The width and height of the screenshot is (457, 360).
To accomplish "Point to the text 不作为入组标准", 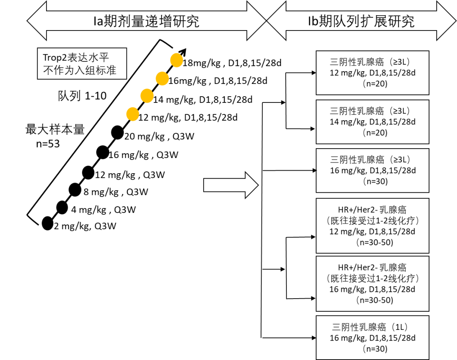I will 80,70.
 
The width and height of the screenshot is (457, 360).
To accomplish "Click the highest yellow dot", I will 177,61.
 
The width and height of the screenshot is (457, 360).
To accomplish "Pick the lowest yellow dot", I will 132,114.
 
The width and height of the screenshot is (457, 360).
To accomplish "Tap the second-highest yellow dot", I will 162,78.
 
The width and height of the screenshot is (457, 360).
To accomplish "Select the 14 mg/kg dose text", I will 347,122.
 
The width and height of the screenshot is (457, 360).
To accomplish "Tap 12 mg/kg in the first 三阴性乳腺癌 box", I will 347,73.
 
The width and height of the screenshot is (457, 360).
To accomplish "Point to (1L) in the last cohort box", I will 400,327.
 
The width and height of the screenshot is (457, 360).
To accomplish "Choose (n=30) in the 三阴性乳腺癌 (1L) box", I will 375,349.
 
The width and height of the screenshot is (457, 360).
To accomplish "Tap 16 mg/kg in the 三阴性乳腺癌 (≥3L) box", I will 347,171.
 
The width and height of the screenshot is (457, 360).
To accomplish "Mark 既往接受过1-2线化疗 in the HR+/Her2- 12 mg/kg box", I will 373,221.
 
